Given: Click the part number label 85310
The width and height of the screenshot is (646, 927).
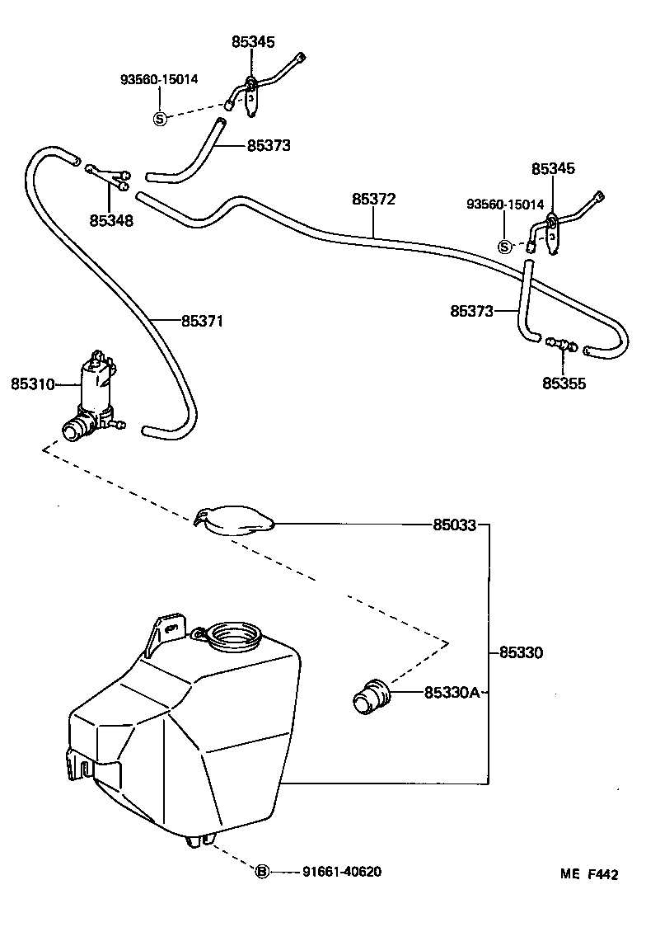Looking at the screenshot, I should tap(32, 384).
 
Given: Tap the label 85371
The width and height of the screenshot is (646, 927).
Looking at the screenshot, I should tap(202, 320).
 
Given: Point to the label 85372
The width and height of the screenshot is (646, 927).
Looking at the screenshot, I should tap(374, 199).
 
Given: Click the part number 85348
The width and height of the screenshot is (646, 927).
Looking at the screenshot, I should tap(111, 221).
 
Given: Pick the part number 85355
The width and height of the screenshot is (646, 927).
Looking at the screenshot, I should tap(564, 383).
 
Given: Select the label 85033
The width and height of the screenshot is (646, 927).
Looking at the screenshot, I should tap(454, 525).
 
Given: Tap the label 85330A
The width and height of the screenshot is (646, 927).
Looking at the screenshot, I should tap(452, 693).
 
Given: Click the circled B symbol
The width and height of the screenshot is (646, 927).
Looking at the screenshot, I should tap(262, 872).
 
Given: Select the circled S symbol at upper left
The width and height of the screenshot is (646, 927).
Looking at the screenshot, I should tap(160, 118).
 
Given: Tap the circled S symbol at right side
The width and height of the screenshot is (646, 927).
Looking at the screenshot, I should tap(506, 246).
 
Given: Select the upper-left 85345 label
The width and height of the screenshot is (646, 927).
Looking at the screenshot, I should tap(253, 41).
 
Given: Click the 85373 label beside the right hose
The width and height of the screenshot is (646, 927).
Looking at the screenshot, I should tap(471, 311).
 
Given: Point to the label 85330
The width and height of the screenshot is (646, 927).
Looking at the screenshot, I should tap(521, 652).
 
